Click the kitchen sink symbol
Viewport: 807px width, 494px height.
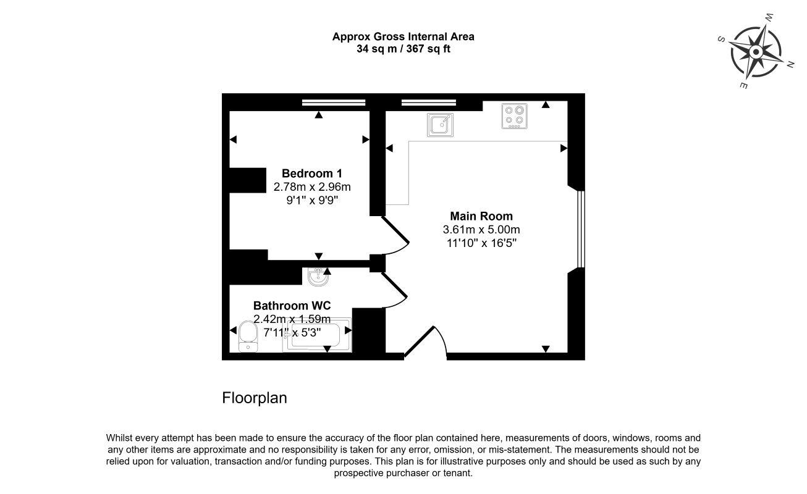[x=440, y=124]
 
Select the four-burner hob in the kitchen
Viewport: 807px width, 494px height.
[x=514, y=115]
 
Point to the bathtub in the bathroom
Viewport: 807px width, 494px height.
[x=317, y=336]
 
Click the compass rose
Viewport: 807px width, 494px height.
[x=756, y=51]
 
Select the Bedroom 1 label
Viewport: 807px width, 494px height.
[x=312, y=173]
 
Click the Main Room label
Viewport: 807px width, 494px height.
[x=481, y=216]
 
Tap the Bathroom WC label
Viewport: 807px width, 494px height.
[x=292, y=306]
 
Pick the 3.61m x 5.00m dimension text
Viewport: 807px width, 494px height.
[x=481, y=230]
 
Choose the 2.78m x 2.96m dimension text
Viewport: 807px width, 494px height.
[x=312, y=186]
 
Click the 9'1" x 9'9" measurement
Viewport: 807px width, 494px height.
[x=312, y=199]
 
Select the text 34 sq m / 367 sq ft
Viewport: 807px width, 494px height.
[x=403, y=49]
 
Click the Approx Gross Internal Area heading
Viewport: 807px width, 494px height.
[x=403, y=36]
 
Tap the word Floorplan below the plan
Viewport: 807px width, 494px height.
[x=255, y=398]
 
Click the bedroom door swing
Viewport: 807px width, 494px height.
[x=396, y=235]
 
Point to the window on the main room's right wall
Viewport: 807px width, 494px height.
[x=580, y=228]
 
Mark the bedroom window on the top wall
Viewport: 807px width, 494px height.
[x=334, y=103]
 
